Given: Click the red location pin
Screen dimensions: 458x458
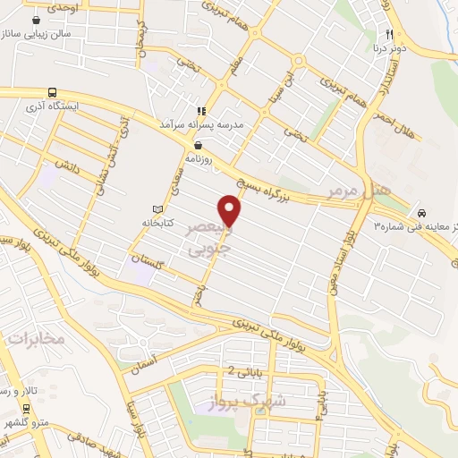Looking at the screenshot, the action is tap(231, 210).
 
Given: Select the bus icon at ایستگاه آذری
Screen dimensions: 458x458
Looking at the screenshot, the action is tap(52, 91).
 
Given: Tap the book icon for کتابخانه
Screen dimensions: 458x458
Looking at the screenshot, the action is tap(157, 208).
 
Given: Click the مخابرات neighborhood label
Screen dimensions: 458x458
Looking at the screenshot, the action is tap(37, 339).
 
